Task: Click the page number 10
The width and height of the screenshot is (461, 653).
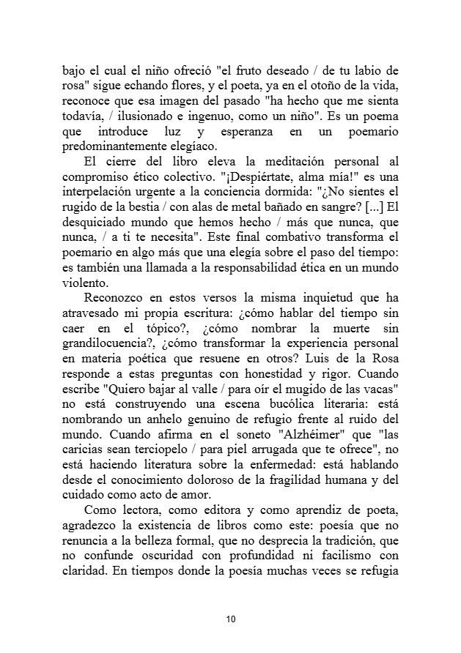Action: (230, 620)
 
